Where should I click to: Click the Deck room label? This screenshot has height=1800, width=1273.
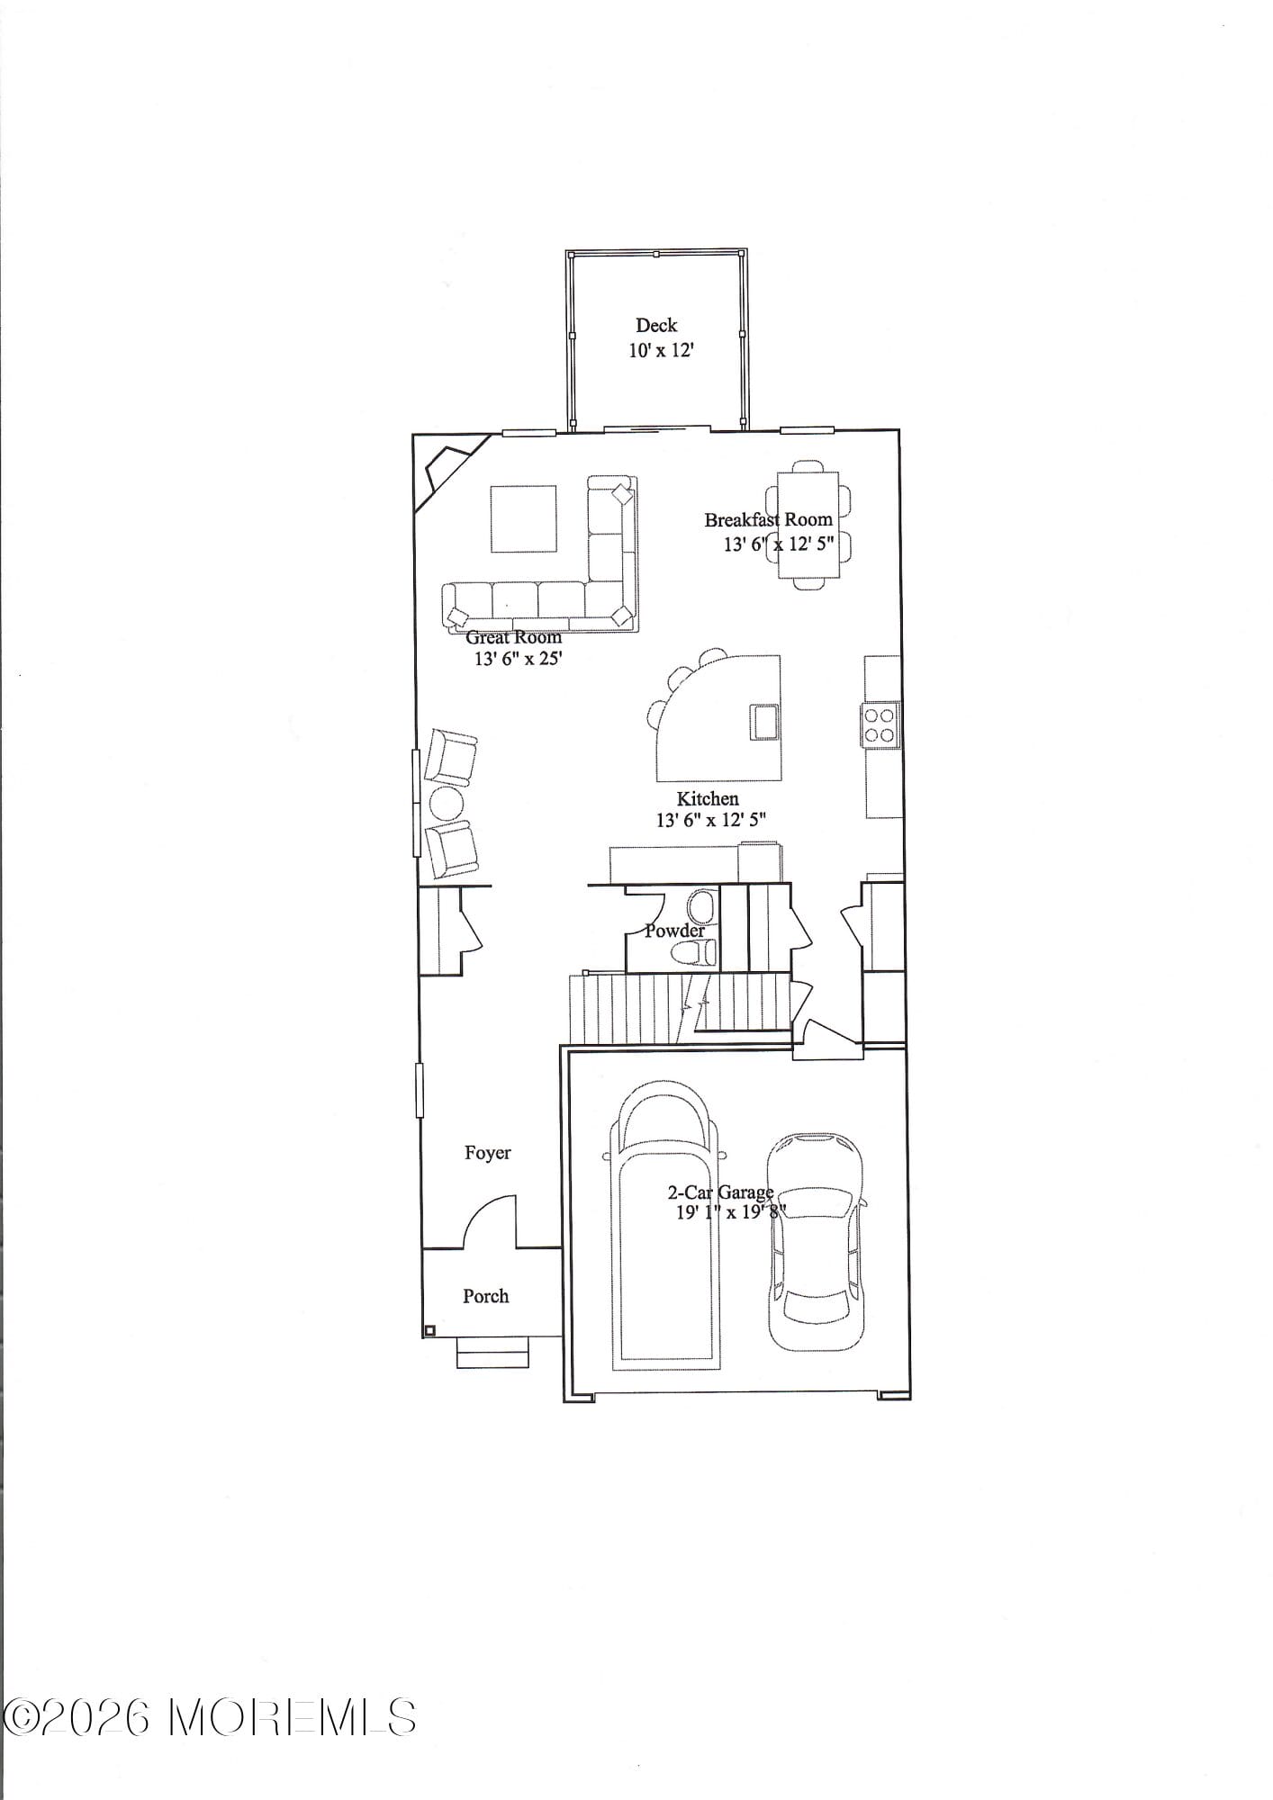pyautogui.click(x=655, y=325)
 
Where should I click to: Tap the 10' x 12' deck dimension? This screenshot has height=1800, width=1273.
pyautogui.click(x=661, y=350)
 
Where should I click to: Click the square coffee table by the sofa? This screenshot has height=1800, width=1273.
pyautogui.click(x=523, y=517)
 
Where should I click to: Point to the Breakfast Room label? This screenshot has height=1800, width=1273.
pyautogui.click(x=768, y=519)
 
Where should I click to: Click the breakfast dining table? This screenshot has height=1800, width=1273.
pyautogui.click(x=808, y=525)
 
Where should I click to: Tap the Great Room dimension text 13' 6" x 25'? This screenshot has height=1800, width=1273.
pyautogui.click(x=518, y=658)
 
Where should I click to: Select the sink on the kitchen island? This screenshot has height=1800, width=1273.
pyautogui.click(x=765, y=721)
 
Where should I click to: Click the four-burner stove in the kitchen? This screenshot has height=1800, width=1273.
pyautogui.click(x=880, y=725)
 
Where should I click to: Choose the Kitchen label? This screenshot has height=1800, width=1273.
pyautogui.click(x=708, y=798)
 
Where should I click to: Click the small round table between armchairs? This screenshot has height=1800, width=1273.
pyautogui.click(x=446, y=804)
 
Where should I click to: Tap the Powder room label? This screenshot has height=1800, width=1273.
pyautogui.click(x=674, y=931)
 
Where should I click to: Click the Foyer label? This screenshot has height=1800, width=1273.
pyautogui.click(x=487, y=1153)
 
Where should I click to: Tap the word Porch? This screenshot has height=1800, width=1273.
pyautogui.click(x=485, y=1296)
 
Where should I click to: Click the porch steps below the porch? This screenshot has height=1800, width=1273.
pyautogui.click(x=492, y=1353)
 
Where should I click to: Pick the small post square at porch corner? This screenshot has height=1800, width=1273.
pyautogui.click(x=429, y=1330)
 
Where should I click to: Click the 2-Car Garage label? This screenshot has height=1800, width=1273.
pyautogui.click(x=719, y=1192)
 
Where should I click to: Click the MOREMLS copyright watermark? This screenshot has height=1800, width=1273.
pyautogui.click(x=209, y=1718)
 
